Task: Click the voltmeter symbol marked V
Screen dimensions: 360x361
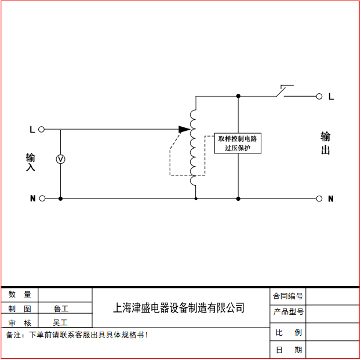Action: pos(60,159)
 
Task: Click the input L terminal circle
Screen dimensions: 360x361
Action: pos(41,130)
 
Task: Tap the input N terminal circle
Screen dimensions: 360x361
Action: pos(41,199)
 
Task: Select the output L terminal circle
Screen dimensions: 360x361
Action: pos(319,96)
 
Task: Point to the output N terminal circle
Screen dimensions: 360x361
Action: pos(319,199)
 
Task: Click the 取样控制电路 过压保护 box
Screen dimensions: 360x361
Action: pos(238,143)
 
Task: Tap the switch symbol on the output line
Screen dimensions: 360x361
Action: pos(283,91)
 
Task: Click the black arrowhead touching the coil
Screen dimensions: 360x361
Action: pos(185,130)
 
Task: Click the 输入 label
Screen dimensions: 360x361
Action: pos(31,162)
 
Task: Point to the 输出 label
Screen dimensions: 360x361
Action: pos(326,144)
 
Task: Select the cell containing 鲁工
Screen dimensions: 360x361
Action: pos(61,308)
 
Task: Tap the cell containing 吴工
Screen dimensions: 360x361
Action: pos(61,322)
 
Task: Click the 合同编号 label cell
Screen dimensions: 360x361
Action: pos(288,296)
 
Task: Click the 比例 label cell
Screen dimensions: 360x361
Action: pos(288,332)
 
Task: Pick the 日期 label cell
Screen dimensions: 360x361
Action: pos(288,350)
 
